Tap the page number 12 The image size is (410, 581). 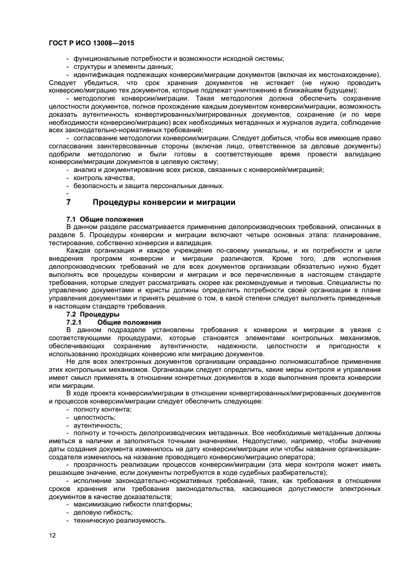click(53, 534)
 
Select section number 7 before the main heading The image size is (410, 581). click(69, 202)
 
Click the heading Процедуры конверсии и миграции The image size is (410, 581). click(164, 202)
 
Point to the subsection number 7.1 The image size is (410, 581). click(71, 220)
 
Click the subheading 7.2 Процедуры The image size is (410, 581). click(92, 315)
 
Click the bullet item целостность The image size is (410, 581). click(94, 417)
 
